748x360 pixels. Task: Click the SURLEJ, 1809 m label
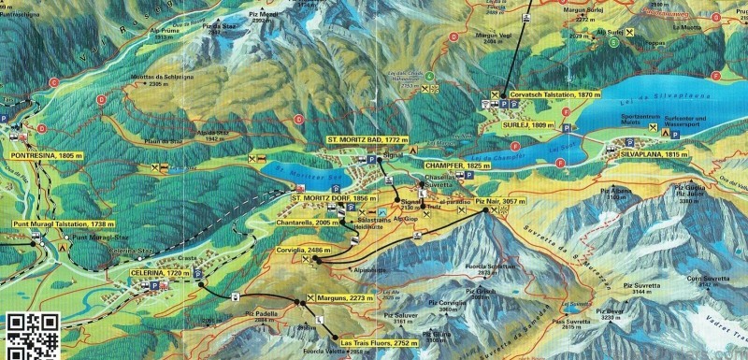pos(525,122)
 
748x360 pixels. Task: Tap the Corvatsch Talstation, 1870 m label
pos(552,94)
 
